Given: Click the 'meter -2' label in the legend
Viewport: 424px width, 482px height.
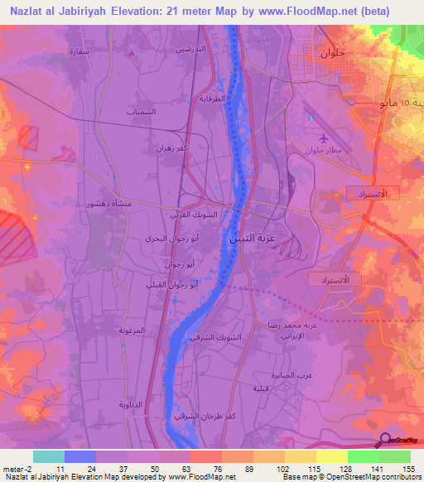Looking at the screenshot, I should (17, 470).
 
